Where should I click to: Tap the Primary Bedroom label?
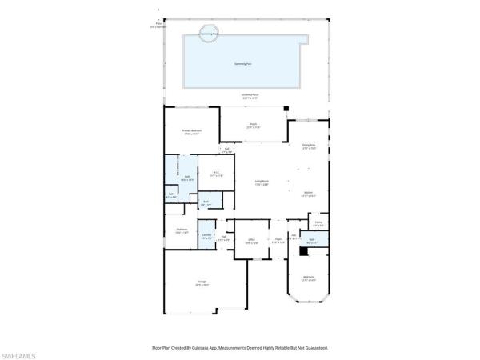(x=191, y=130)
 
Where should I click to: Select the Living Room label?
(x=262, y=183)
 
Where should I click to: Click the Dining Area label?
(x=308, y=146)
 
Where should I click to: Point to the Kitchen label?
(x=308, y=193)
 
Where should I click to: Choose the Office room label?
(x=250, y=240)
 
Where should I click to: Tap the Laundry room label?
(x=206, y=235)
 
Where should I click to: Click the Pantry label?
(x=318, y=224)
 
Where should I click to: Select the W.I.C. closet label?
(x=216, y=173)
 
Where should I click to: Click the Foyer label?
(x=278, y=240)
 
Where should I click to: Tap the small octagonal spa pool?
(x=209, y=35)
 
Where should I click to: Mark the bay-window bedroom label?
(x=308, y=279)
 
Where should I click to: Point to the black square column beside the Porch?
(x=286, y=108)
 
